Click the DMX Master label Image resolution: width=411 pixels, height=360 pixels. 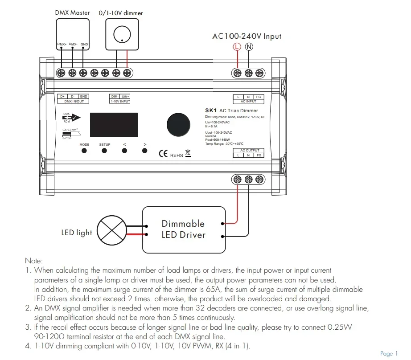[72, 12]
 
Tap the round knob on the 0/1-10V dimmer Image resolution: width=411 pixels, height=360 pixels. [122, 34]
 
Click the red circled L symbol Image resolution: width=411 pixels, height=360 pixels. [237, 47]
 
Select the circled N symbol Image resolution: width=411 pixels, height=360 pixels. [249, 47]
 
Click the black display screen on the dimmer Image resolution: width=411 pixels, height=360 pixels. [114, 125]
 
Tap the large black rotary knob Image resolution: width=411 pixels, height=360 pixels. [178, 125]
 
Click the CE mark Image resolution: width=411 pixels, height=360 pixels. [163, 154]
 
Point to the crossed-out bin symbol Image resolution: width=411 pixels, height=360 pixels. [188, 153]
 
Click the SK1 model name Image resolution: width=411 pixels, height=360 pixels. [211, 110]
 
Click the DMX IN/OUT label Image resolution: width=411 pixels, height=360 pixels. [74, 101]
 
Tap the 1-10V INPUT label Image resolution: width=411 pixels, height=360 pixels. [120, 101]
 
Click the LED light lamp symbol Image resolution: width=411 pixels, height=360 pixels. [112, 230]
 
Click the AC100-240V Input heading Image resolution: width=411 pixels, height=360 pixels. [247, 36]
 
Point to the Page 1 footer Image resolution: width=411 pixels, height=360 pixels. [389, 354]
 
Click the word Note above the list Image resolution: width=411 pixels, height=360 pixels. [33, 261]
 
